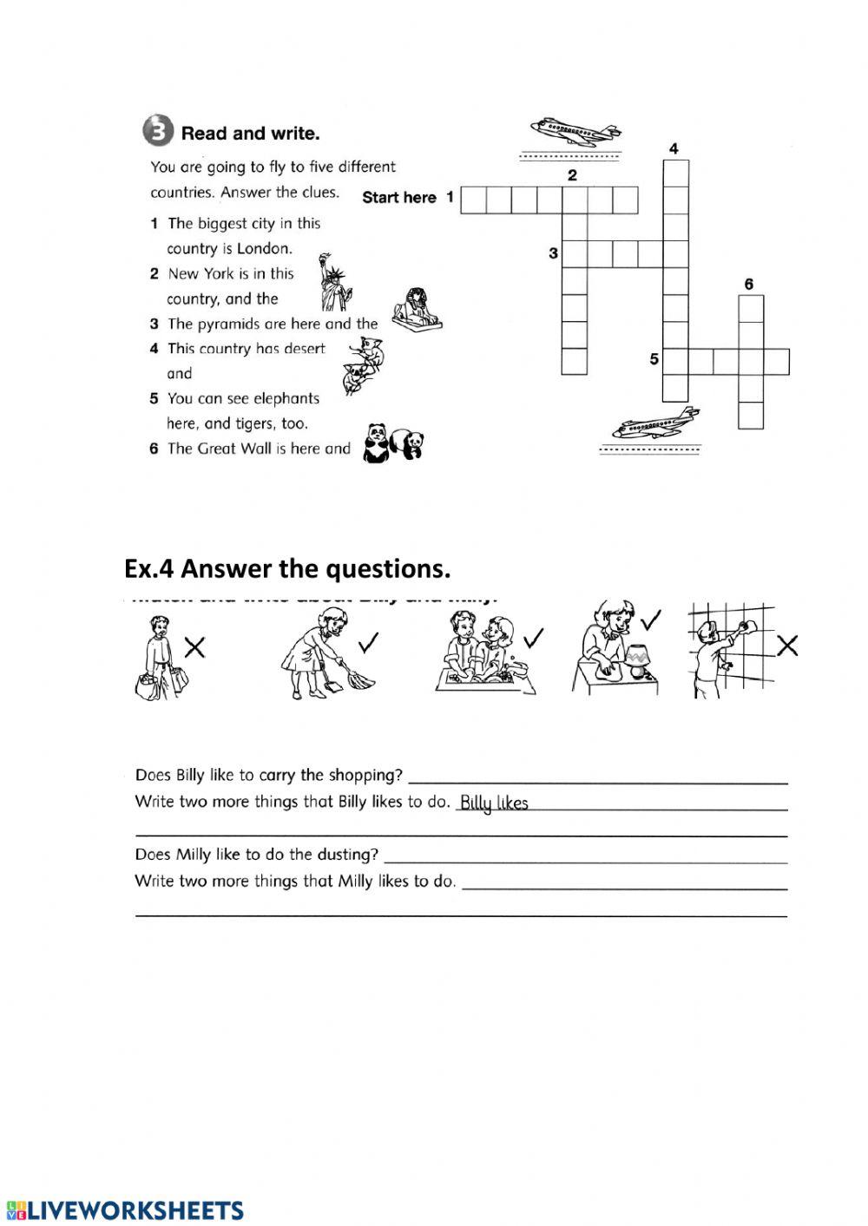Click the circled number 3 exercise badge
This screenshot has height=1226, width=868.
(x=156, y=133)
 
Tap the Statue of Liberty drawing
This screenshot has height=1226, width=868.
(x=334, y=282)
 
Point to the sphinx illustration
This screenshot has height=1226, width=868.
(x=415, y=311)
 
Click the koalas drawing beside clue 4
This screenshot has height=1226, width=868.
(x=365, y=364)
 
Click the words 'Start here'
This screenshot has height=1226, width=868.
(x=399, y=197)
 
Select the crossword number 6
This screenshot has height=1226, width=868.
(x=749, y=284)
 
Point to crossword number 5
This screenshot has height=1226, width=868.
(x=654, y=358)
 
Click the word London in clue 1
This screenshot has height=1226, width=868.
(x=264, y=248)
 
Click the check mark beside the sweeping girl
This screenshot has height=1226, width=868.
(x=369, y=642)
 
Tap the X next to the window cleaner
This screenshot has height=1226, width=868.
(x=787, y=645)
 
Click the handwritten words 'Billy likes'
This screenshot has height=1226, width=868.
(x=493, y=803)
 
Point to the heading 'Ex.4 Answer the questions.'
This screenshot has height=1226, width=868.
(x=288, y=569)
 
